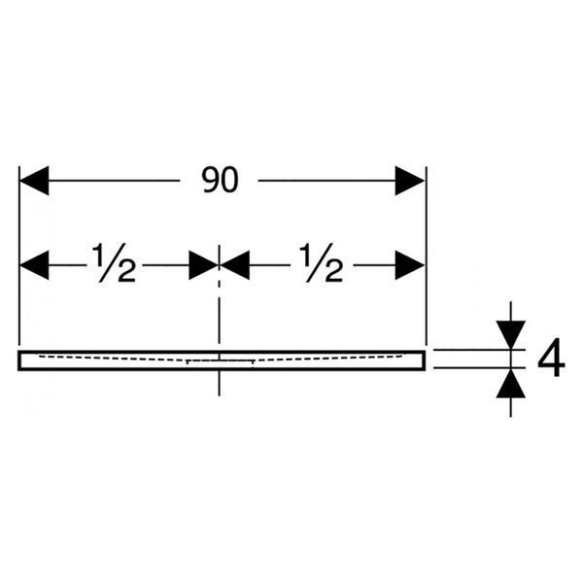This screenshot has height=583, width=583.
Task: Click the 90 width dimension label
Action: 220,181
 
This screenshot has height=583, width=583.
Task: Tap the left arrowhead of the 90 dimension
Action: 34,181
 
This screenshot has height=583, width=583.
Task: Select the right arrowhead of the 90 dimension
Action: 410,181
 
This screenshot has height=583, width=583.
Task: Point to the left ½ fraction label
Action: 114,262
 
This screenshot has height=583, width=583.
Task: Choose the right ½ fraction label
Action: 322,262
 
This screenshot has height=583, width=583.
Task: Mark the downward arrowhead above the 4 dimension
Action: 511,335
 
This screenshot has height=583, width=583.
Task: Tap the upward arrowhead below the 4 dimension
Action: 511,383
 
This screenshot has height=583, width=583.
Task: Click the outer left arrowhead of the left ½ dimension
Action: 34,265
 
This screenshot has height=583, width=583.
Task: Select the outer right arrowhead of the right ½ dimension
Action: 410,265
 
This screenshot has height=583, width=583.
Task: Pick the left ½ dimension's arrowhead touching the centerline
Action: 204,265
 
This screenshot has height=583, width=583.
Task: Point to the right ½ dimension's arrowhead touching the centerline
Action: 234,265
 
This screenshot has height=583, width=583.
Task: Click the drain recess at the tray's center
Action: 220,360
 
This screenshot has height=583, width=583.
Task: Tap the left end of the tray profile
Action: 18,360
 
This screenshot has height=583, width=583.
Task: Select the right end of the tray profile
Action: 425,360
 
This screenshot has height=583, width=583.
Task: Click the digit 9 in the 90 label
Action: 211,181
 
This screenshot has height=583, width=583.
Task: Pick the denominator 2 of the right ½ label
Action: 332,271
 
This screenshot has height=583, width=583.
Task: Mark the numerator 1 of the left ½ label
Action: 99,254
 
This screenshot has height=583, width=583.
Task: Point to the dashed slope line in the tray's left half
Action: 113,358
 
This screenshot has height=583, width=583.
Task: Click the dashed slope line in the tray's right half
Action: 328,358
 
